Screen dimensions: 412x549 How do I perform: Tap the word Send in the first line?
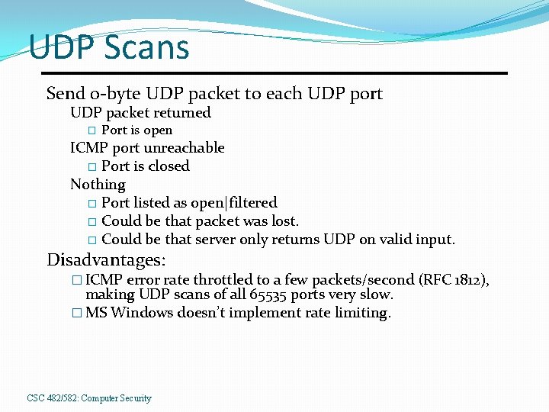click(x=66, y=94)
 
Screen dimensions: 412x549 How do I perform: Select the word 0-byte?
click(x=115, y=94)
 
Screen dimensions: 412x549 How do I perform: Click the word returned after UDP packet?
click(x=182, y=113)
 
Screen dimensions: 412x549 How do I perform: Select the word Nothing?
click(x=98, y=184)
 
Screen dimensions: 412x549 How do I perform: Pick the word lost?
click(x=284, y=221)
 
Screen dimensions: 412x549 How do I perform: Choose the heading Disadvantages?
click(x=106, y=260)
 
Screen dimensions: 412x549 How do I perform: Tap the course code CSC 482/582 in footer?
click(x=53, y=398)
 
